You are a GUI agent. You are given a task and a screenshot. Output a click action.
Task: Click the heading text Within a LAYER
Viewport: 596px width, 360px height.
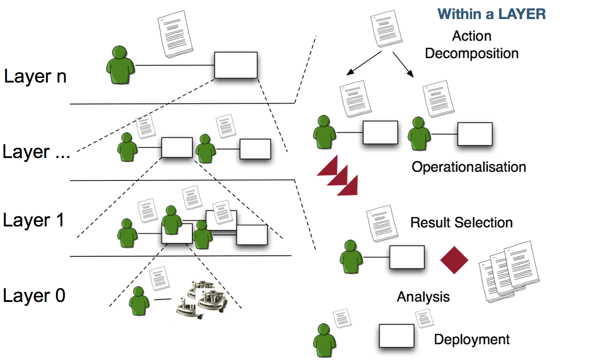491,14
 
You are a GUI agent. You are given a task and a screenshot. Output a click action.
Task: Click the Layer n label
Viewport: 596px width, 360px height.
35,77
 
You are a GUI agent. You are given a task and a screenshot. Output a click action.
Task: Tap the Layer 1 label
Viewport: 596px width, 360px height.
33,220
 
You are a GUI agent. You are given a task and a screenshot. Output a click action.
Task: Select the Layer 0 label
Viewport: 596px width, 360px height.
34,296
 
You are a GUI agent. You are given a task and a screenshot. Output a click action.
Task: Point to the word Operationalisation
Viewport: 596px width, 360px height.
469,167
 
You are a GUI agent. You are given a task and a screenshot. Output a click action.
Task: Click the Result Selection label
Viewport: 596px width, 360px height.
461,223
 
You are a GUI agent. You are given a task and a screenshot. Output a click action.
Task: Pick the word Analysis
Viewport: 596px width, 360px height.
423,297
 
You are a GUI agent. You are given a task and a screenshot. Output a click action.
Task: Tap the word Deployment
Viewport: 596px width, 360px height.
472,340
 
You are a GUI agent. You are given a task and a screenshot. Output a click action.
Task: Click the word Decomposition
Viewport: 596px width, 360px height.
472,54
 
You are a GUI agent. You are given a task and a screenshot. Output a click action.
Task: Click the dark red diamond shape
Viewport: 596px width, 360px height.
454,260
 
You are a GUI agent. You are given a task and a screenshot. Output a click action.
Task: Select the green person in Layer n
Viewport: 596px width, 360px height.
120,66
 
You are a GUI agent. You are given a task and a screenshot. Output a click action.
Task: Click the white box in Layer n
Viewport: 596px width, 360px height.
236,65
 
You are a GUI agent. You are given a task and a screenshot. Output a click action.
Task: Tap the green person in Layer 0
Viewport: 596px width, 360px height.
139,301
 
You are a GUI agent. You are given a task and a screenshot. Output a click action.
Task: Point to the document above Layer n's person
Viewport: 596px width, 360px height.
175,34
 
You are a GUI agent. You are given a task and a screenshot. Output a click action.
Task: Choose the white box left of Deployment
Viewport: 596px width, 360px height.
397,336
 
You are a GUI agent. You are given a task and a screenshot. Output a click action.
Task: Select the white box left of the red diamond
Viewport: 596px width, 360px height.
407,257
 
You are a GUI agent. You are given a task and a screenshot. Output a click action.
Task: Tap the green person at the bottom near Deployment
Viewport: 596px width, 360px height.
324,341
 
